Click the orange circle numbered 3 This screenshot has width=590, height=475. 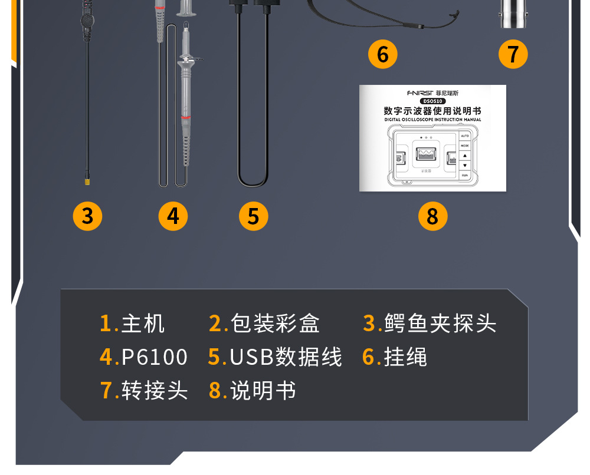[87, 216]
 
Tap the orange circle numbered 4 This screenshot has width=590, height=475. [173, 216]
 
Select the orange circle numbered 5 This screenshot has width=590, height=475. [253, 216]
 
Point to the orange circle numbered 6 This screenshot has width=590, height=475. [382, 54]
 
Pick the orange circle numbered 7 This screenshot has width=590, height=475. [513, 54]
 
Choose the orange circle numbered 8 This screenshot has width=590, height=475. [432, 216]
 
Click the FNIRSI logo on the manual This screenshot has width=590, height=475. [419, 93]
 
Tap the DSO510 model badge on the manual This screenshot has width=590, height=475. [432, 101]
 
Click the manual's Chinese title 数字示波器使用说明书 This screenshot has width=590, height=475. [432, 110]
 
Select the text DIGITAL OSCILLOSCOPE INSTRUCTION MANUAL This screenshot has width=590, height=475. [432, 120]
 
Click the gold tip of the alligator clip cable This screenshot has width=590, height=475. [87, 183]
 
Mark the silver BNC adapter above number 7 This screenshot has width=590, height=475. [513, 15]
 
